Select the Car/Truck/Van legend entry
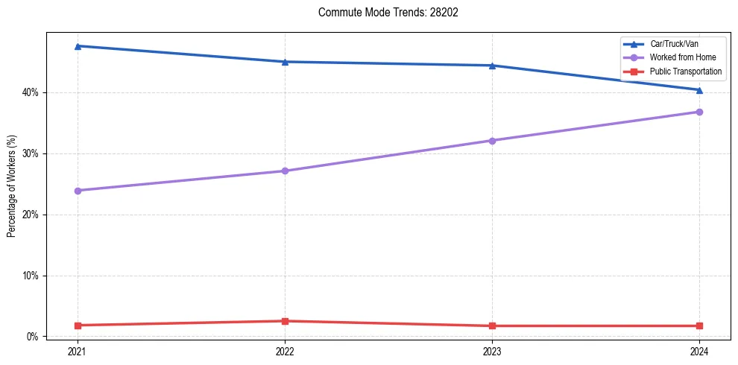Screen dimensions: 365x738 [x=674, y=44]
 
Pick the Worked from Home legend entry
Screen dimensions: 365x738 [x=682, y=58]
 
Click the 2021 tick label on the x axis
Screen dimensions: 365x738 [x=77, y=352]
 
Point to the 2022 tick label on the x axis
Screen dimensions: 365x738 [x=284, y=352]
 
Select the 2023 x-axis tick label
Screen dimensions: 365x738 [x=492, y=352]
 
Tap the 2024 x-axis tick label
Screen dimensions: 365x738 [x=699, y=352]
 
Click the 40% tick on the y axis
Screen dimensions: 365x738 [x=32, y=92]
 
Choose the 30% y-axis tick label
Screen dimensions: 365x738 [x=32, y=153]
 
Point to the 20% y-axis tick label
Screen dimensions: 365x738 [x=32, y=215]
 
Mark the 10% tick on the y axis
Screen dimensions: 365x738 [x=32, y=276]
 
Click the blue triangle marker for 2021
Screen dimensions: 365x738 [x=77, y=46]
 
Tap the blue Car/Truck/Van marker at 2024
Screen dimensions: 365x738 [x=699, y=90]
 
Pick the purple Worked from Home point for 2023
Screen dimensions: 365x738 [x=492, y=141]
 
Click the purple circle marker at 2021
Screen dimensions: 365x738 [x=77, y=191]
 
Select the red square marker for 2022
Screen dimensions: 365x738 [x=284, y=321]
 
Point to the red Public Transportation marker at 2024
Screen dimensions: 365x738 [x=699, y=326]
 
